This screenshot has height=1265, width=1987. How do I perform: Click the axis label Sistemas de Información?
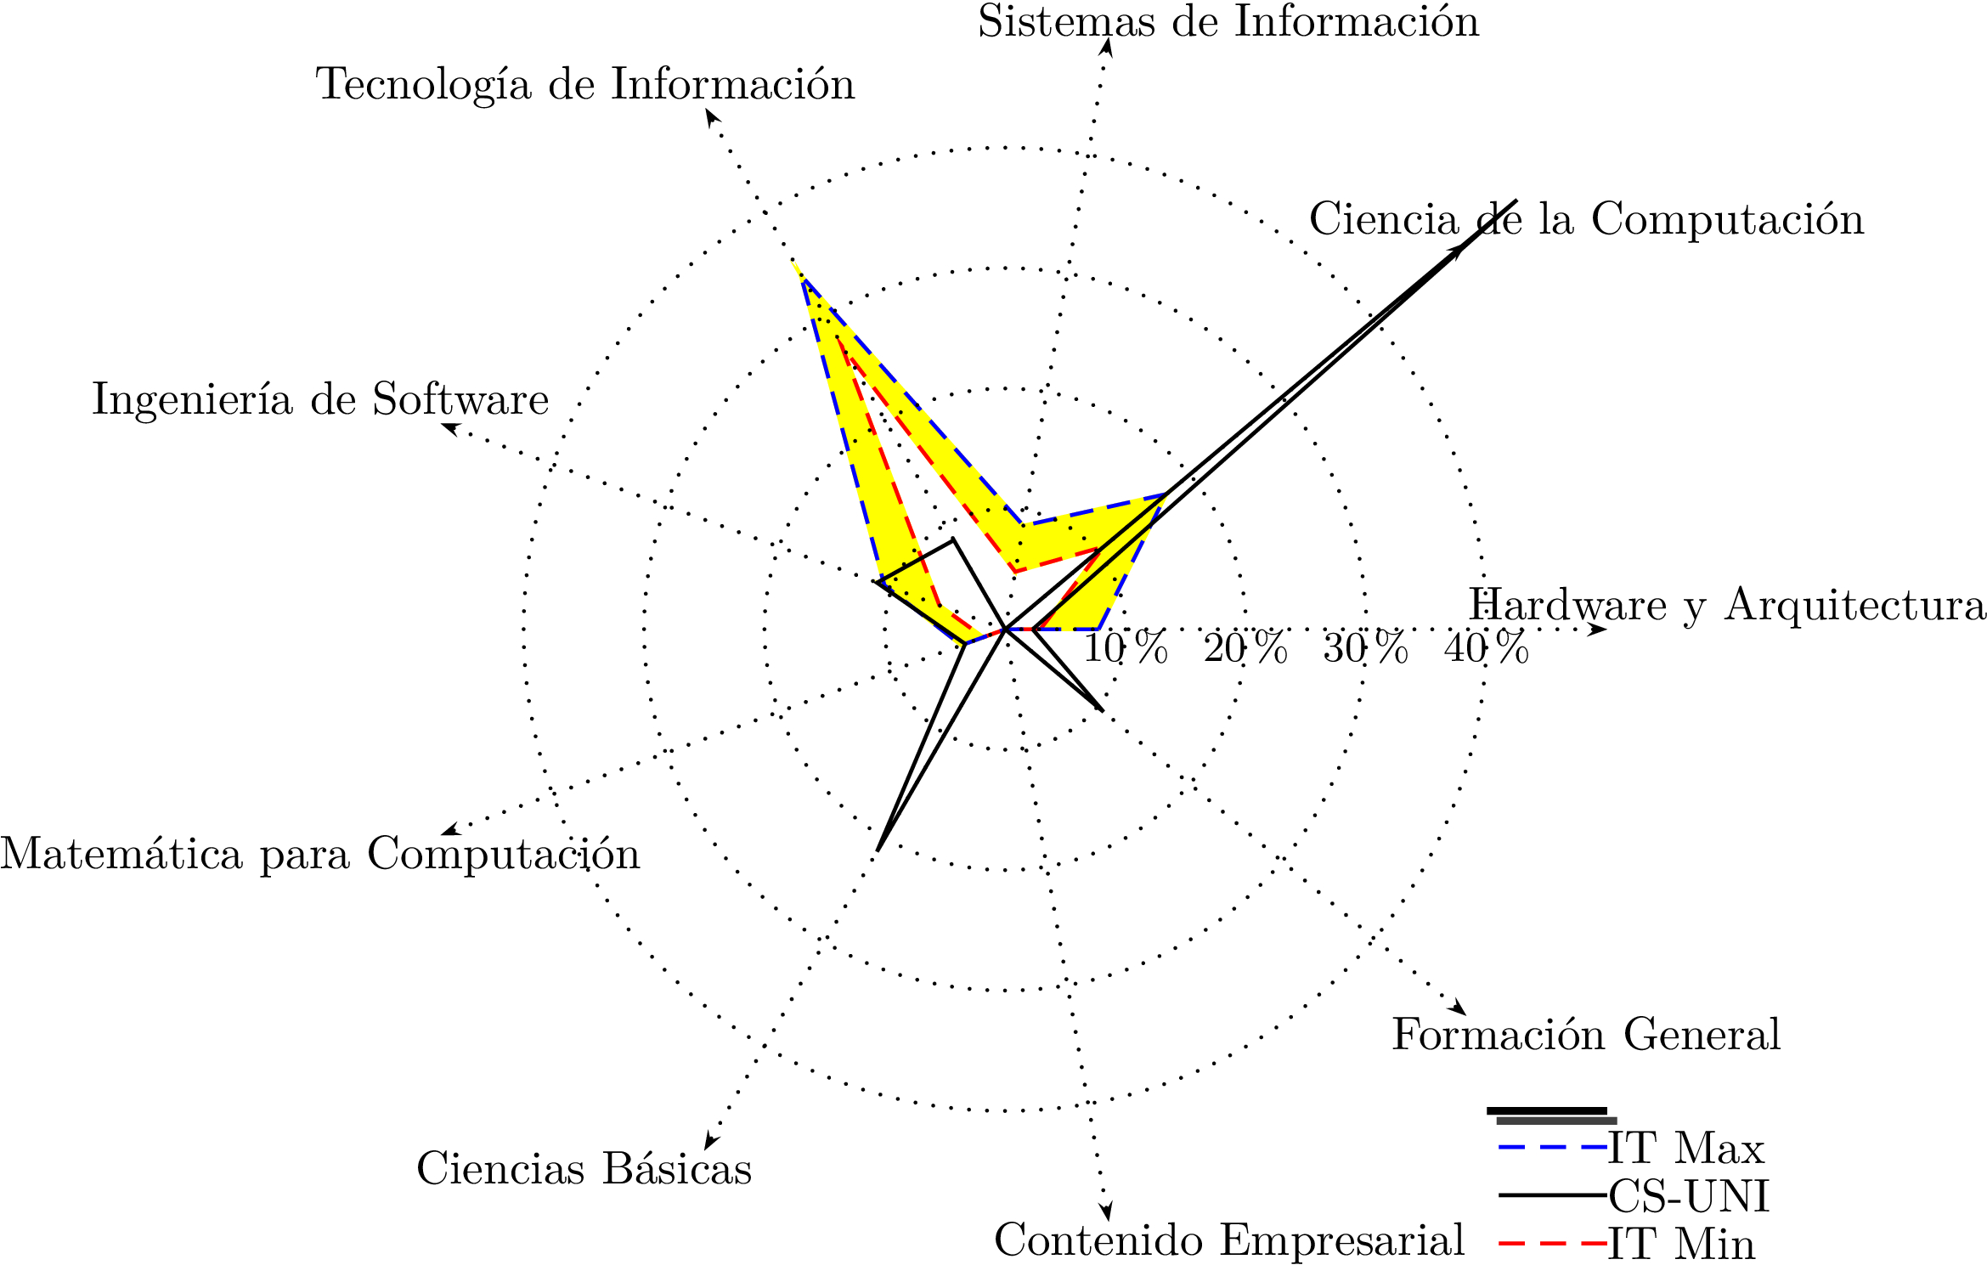(x=1228, y=22)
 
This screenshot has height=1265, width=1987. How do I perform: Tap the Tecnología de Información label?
(x=585, y=85)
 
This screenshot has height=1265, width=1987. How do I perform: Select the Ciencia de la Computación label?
(x=1586, y=220)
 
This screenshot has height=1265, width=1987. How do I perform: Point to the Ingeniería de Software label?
(x=320, y=400)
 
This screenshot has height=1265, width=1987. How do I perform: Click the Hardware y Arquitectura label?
(x=1727, y=606)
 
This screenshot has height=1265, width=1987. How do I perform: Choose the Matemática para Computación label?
(x=320, y=854)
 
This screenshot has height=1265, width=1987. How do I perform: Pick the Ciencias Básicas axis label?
(x=584, y=1169)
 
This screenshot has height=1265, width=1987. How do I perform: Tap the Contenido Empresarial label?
(x=1229, y=1240)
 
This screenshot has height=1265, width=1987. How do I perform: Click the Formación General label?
(x=1586, y=1035)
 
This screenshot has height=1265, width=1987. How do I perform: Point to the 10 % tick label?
(x=1126, y=649)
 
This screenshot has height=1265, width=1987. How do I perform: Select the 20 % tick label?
(x=1245, y=649)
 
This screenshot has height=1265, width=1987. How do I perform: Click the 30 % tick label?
(x=1365, y=649)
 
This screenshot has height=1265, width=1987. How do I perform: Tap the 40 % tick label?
(x=1486, y=649)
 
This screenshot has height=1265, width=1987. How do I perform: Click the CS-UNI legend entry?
(x=1689, y=1197)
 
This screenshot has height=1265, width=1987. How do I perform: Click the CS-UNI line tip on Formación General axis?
(x=1103, y=709)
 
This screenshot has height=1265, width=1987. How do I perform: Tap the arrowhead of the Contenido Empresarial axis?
(x=1106, y=1213)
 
